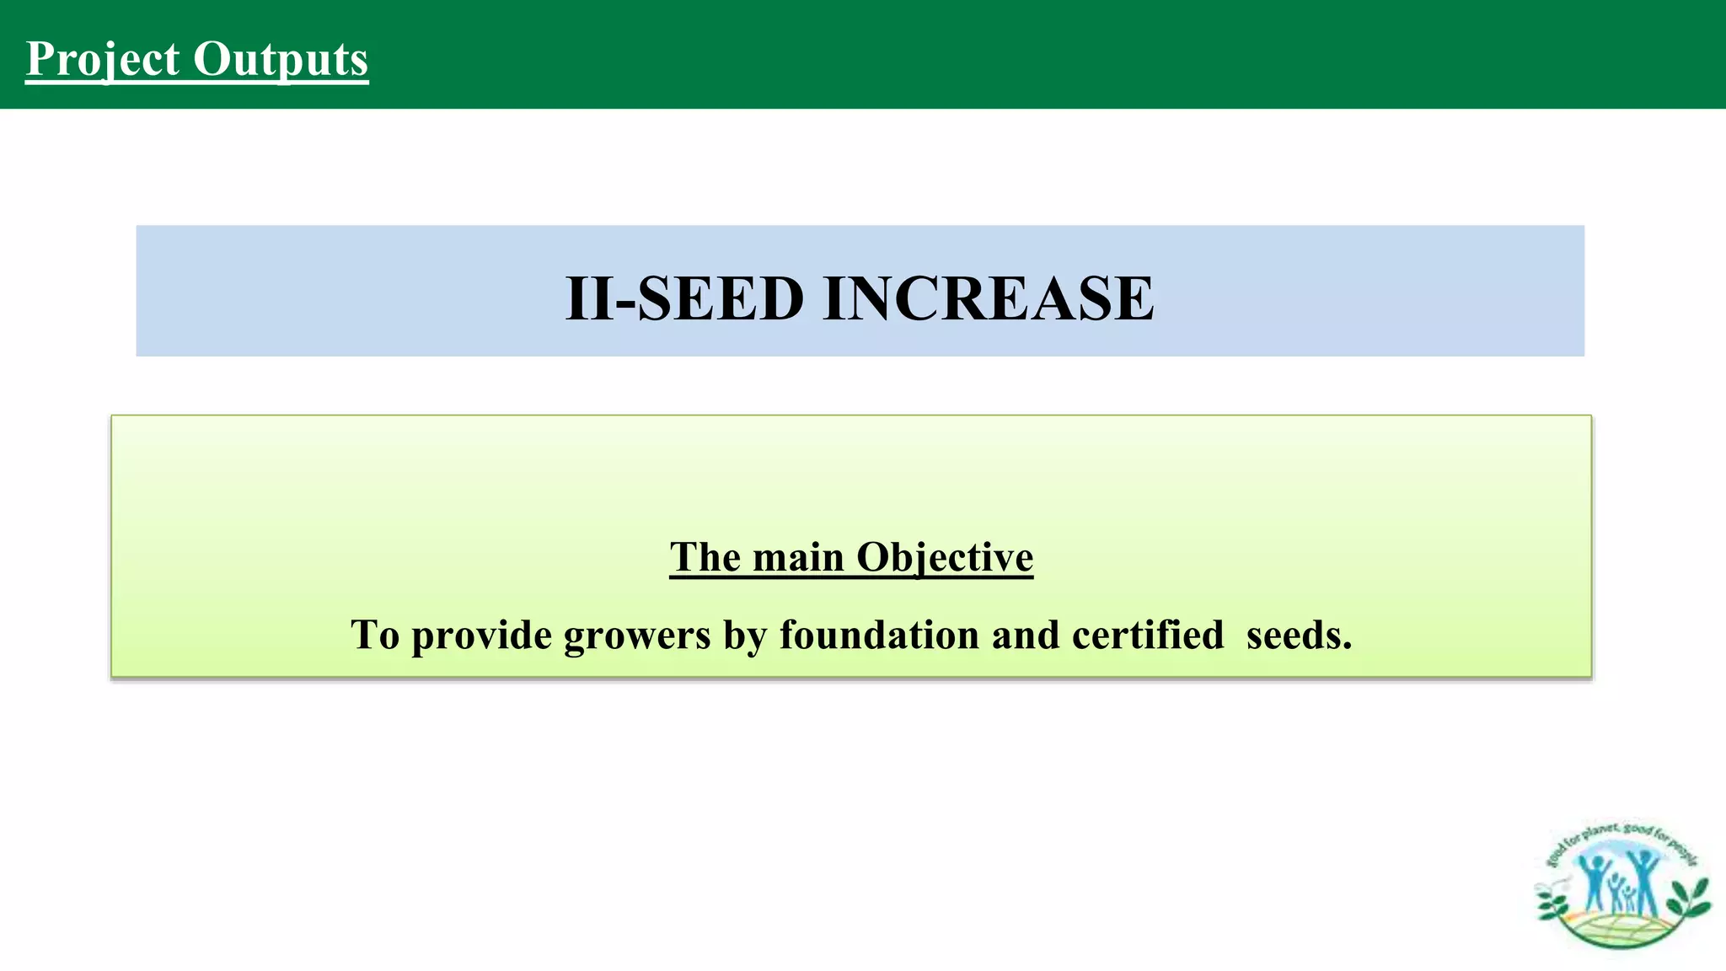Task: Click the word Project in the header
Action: pyautogui.click(x=103, y=59)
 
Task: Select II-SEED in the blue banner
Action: pyautogui.click(x=684, y=298)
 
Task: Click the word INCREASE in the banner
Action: pyautogui.click(x=988, y=298)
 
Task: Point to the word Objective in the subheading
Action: pyautogui.click(x=944, y=557)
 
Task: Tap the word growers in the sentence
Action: pyautogui.click(x=637, y=636)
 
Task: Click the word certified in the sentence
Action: pyautogui.click(x=1148, y=634)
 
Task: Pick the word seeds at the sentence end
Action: pyautogui.click(x=1299, y=634)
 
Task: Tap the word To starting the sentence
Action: pyautogui.click(x=375, y=634)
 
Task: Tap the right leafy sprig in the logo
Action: pyautogui.click(x=1689, y=899)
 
